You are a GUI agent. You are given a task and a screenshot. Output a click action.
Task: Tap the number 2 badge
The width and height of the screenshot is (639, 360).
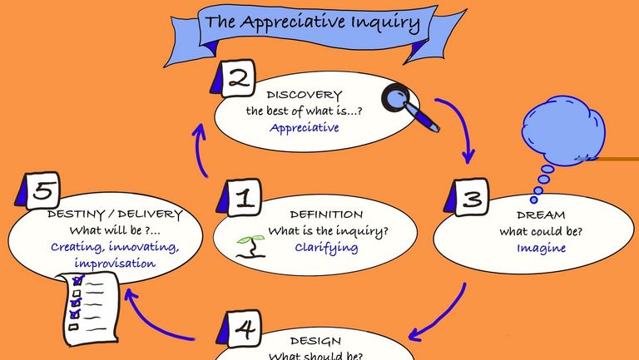point(238,80)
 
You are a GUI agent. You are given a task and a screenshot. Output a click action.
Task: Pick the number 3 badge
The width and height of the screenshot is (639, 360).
point(471,200)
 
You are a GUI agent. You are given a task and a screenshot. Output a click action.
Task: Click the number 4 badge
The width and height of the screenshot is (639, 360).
point(243,330)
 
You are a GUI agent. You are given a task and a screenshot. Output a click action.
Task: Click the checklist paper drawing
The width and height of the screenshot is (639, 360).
point(82,301)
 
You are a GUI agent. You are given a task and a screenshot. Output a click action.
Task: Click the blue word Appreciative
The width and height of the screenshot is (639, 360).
point(304,128)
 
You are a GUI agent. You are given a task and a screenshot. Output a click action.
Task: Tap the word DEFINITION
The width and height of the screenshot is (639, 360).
point(326,215)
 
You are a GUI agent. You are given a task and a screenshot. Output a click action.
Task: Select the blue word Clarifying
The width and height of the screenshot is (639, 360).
point(326,247)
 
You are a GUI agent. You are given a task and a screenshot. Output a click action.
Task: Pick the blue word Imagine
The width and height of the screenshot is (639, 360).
point(541,248)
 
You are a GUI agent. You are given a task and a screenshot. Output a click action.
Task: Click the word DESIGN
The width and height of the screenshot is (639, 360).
point(316,341)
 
